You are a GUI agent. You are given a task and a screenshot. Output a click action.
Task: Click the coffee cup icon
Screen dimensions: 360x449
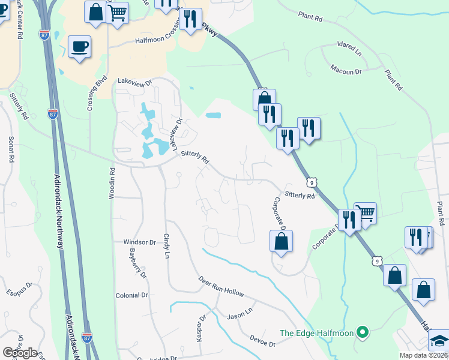click(79, 47)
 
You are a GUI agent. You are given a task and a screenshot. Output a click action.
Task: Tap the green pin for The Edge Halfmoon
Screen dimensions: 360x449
click(362, 331)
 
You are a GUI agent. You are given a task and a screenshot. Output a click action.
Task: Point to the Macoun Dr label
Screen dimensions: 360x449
click(346, 71)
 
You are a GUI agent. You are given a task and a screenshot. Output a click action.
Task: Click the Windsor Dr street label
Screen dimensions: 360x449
click(139, 242)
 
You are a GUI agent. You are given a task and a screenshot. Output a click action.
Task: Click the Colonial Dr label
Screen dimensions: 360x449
click(131, 295)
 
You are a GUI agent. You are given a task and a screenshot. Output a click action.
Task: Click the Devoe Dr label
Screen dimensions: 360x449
click(262, 343)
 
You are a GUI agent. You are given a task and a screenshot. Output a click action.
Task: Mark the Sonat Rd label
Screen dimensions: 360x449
click(11, 149)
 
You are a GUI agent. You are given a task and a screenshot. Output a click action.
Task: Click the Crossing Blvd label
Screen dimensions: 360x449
click(89, 93)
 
